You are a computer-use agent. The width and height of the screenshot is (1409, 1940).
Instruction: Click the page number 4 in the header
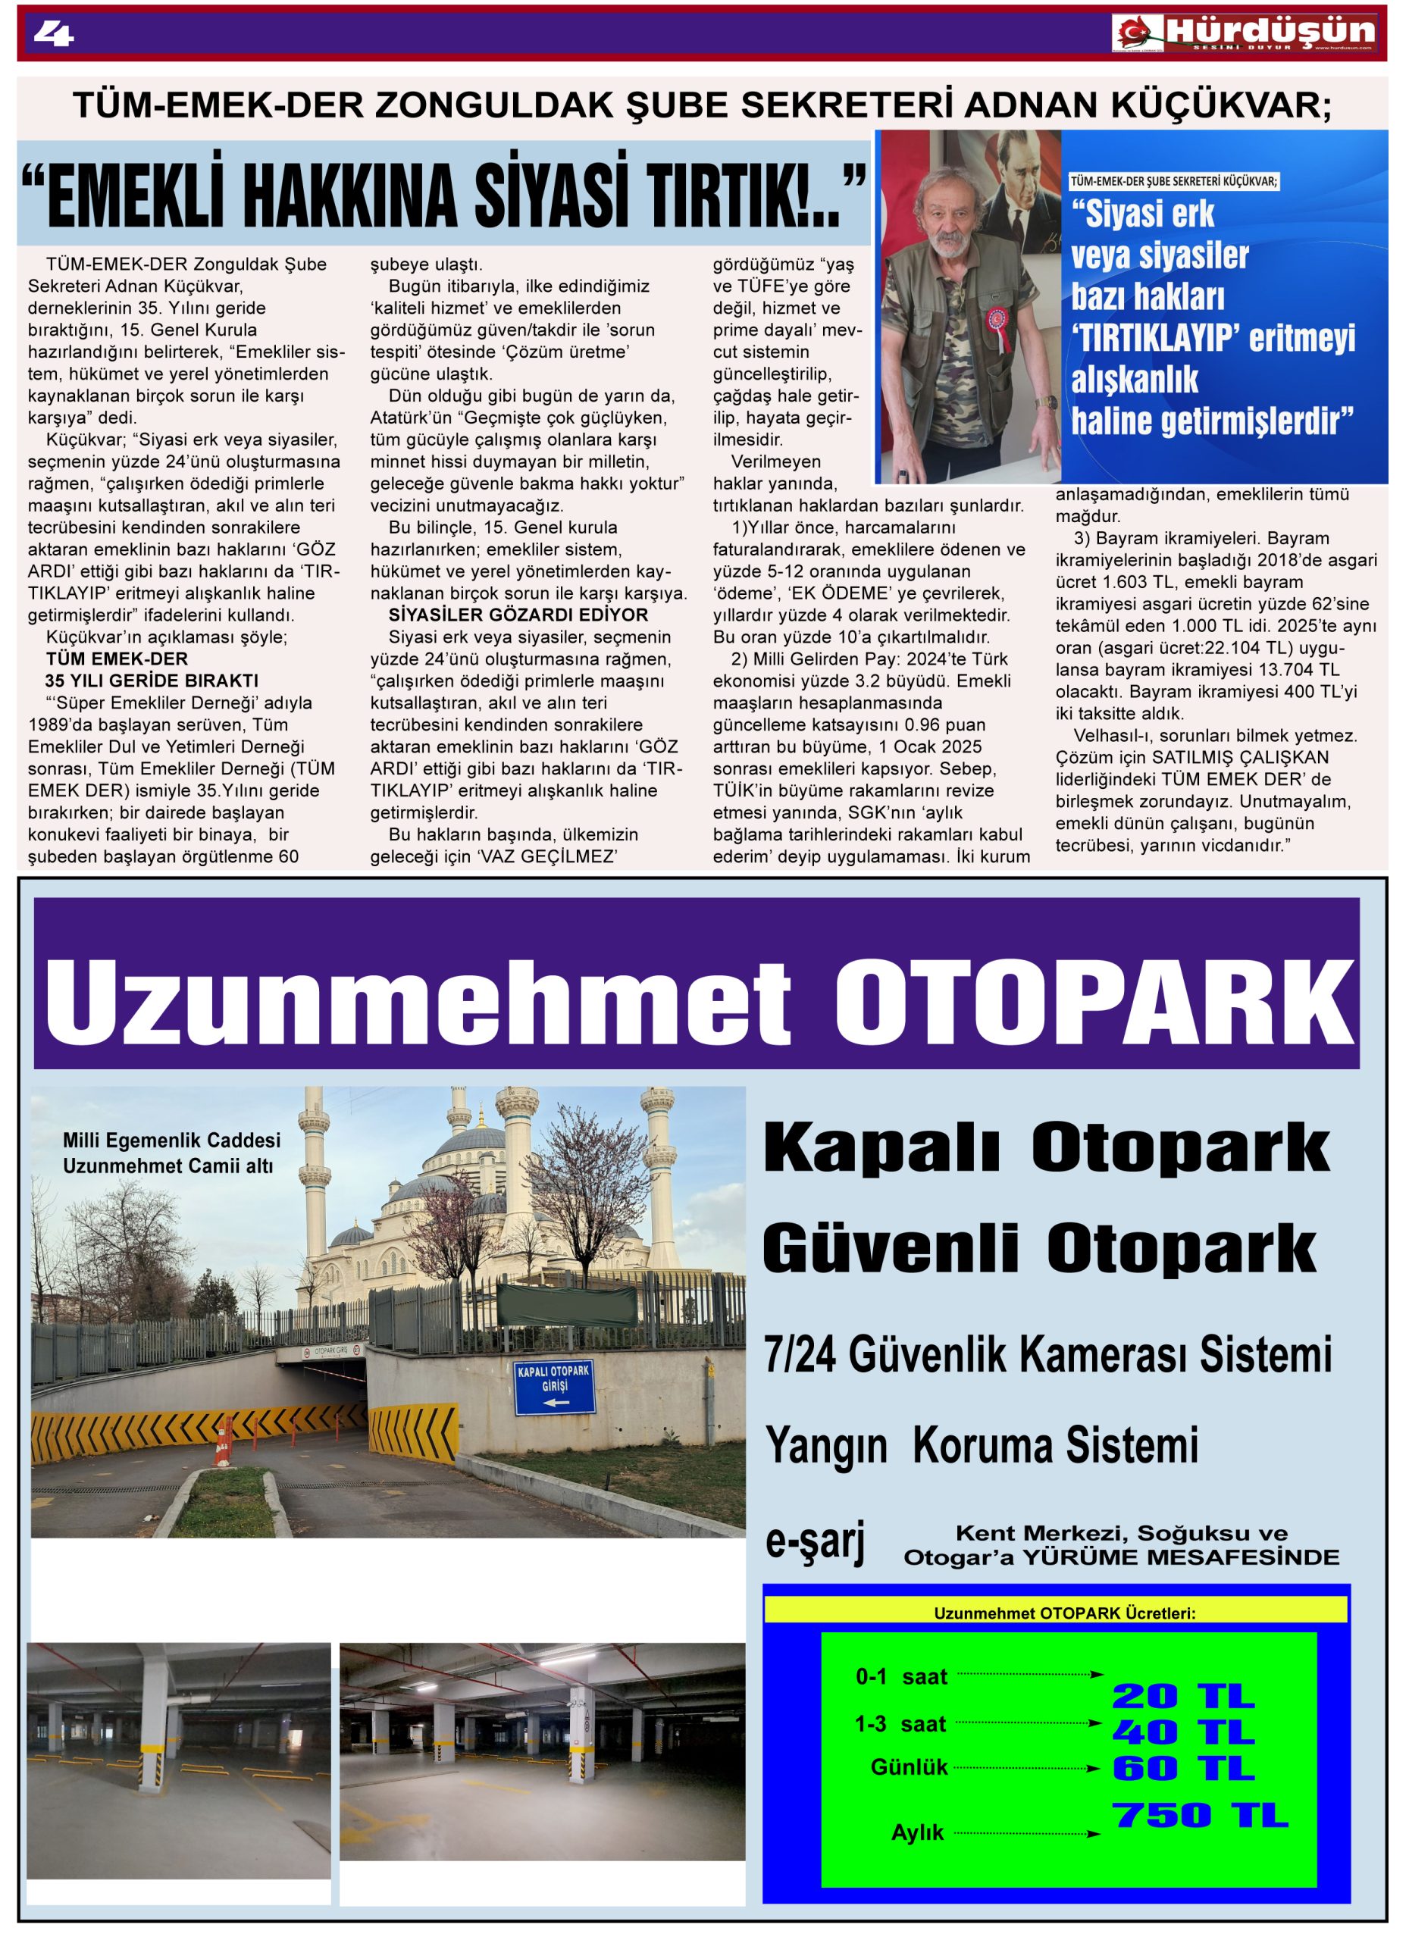pos(53,33)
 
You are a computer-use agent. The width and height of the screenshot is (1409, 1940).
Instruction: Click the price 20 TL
pos(1182,1695)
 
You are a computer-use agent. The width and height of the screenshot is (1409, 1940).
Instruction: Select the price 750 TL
pos(1199,1815)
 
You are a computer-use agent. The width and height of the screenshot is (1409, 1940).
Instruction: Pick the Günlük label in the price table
pos(909,1767)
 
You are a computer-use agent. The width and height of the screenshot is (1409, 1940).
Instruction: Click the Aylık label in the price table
pos(917,1832)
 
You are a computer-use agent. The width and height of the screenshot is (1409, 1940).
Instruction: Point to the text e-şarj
pos(815,1541)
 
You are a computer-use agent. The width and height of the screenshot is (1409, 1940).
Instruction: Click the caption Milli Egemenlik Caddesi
pos(171,1141)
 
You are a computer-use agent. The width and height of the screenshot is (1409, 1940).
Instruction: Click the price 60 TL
pos(1182,1768)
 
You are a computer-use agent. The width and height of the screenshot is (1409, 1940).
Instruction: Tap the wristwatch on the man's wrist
pos(1045,403)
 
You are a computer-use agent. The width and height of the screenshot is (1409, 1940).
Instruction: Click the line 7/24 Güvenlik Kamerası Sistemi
pos(1048,1355)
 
